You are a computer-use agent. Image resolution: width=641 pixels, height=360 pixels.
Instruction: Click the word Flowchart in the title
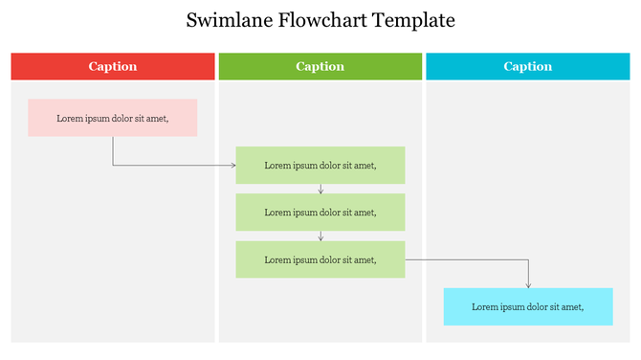pos(319,20)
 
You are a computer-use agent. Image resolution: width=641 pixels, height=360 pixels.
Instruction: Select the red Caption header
pos(113,66)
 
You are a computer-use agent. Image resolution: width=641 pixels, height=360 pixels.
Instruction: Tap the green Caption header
pos(320,66)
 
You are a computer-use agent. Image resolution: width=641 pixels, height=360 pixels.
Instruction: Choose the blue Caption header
pos(528,66)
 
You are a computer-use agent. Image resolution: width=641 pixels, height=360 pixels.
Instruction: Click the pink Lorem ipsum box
pos(113,118)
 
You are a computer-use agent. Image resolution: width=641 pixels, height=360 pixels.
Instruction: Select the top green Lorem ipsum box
pos(320,165)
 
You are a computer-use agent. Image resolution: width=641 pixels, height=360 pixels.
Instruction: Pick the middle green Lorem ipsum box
pos(320,212)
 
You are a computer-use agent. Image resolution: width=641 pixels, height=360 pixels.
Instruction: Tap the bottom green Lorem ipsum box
pos(320,259)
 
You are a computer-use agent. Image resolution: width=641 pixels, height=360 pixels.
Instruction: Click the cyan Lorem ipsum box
pos(528,306)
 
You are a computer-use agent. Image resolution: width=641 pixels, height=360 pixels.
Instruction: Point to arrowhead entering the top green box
pos(232,166)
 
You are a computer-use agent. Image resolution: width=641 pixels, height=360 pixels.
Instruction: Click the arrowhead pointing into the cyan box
pos(528,284)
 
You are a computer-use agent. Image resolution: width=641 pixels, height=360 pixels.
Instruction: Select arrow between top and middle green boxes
pos(320,189)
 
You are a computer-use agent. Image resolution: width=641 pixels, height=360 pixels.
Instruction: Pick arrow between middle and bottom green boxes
pos(320,236)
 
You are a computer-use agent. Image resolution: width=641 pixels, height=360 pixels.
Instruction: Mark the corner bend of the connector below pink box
pos(113,166)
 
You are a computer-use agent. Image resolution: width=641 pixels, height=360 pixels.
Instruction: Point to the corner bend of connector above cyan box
pos(528,259)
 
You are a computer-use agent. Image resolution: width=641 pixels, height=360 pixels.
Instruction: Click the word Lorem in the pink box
pos(70,119)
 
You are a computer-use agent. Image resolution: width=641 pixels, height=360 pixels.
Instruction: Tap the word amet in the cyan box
pos(571,307)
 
